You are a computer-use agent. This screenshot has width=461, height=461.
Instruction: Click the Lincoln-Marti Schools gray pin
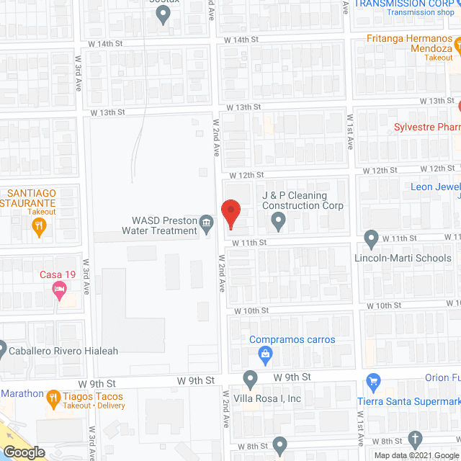click(x=371, y=237)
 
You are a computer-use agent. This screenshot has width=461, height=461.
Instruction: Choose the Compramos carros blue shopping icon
click(x=265, y=354)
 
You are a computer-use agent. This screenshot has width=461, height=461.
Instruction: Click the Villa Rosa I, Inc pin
click(x=250, y=378)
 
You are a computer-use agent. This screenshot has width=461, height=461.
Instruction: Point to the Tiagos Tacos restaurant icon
click(x=53, y=397)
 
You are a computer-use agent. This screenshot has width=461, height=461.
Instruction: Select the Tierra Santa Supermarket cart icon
click(x=373, y=381)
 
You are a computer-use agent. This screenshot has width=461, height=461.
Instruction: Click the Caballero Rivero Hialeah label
click(x=63, y=352)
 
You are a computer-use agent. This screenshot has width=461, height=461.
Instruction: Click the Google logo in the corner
click(x=23, y=452)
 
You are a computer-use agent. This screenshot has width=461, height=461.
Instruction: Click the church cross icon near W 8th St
click(x=414, y=439)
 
